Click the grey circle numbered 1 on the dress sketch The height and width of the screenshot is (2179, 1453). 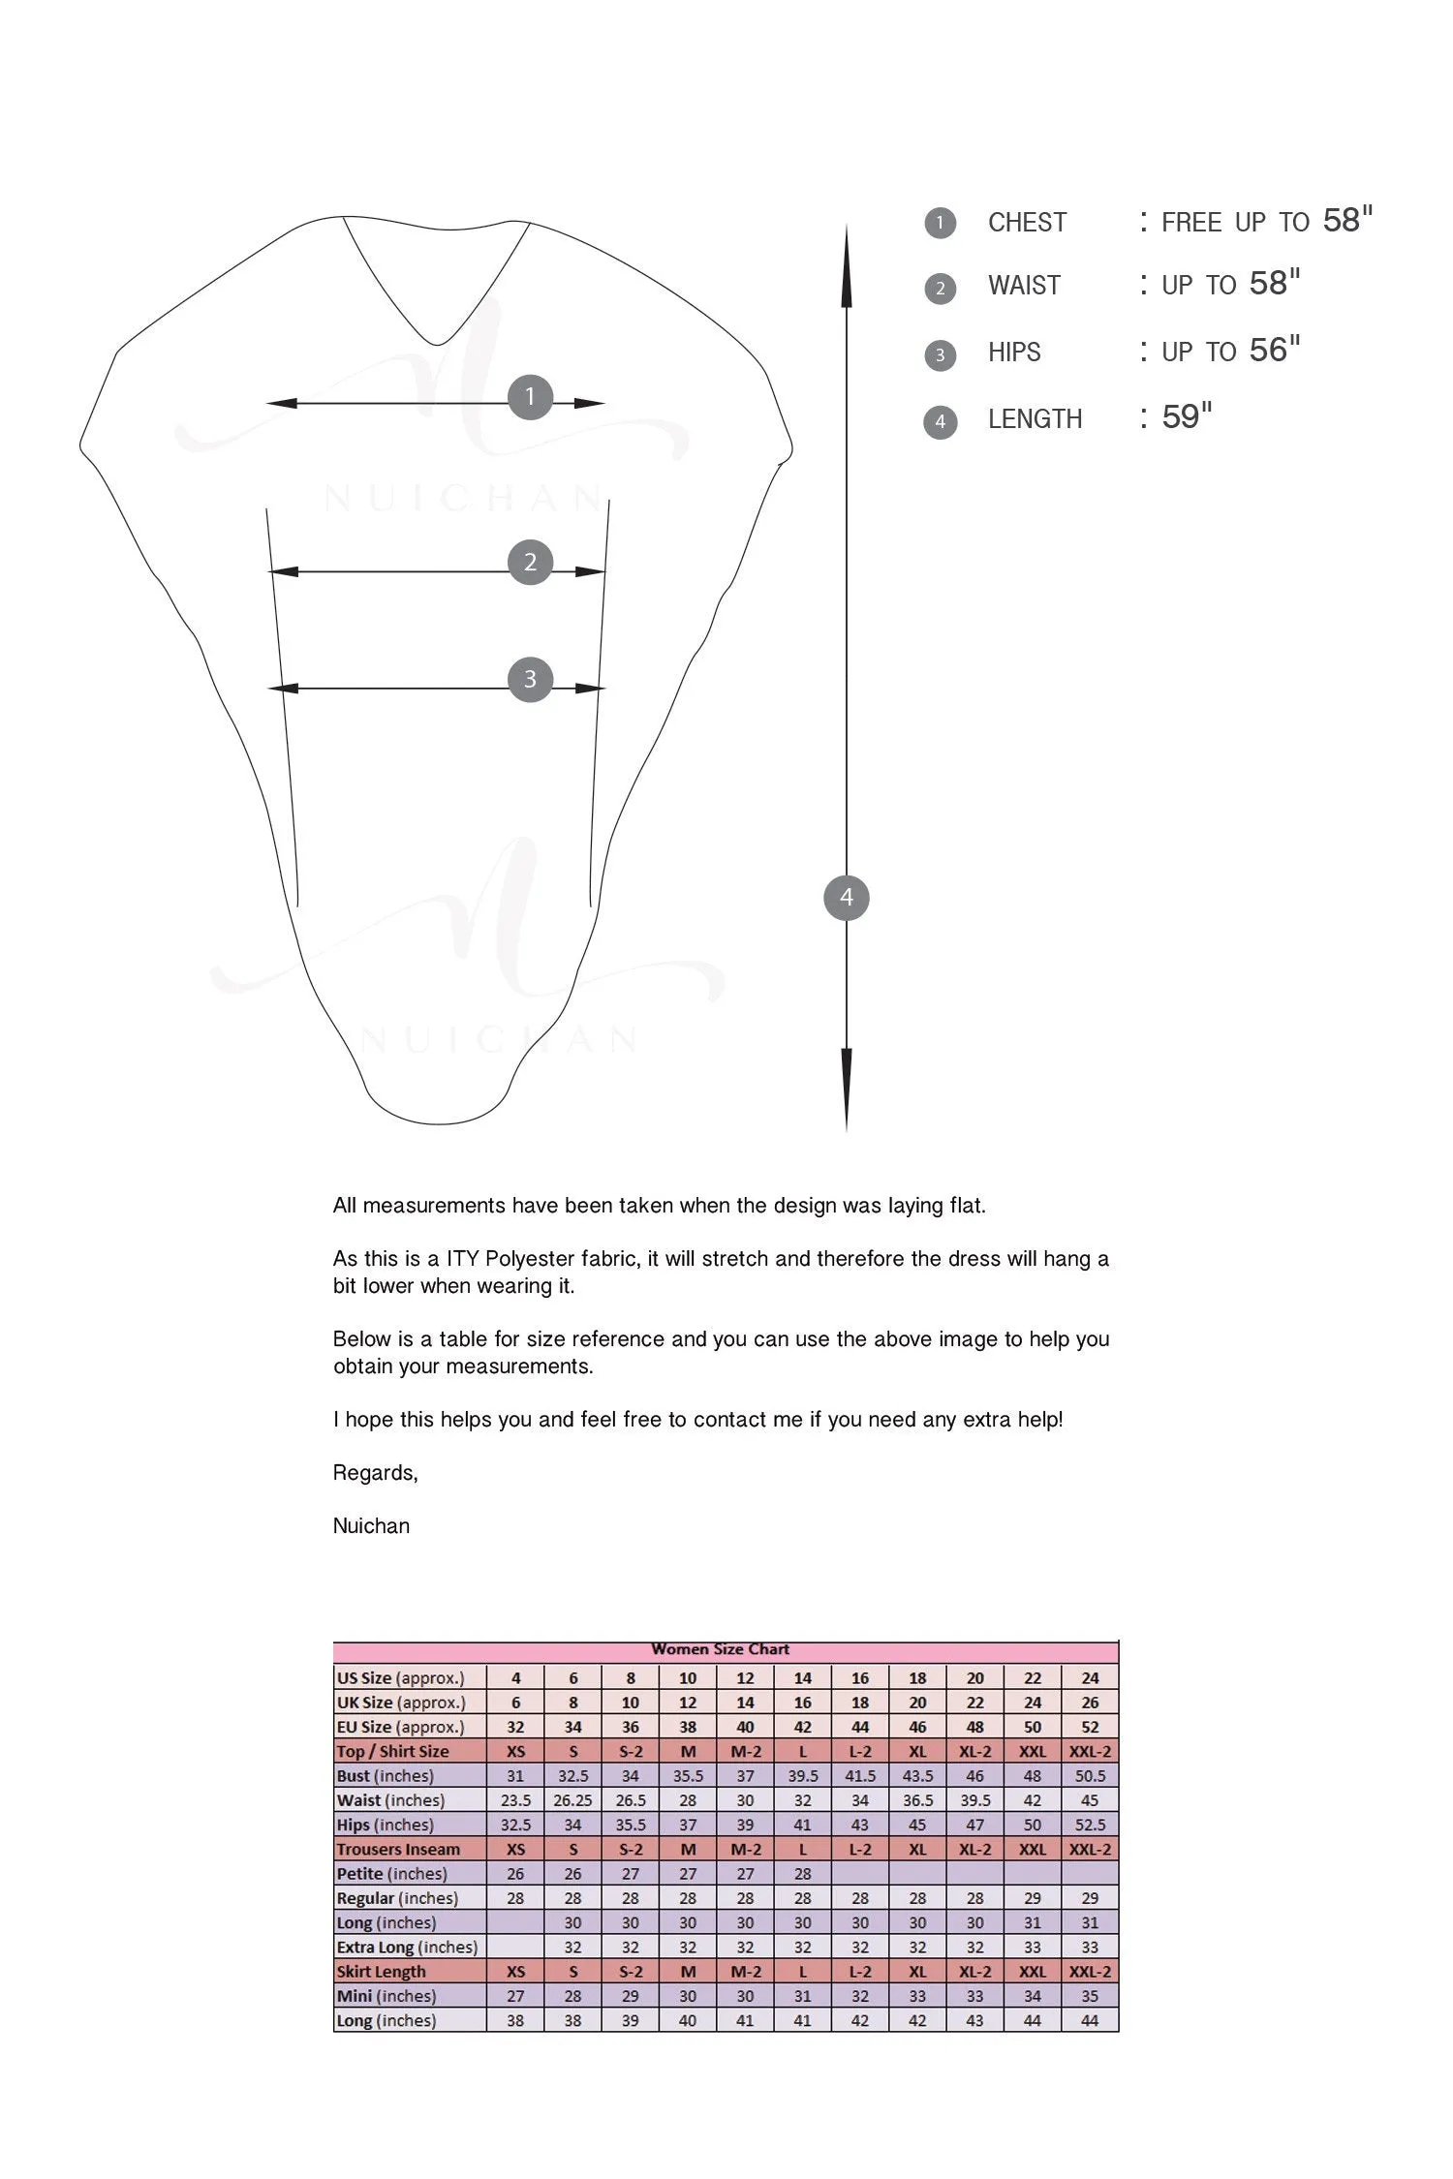530,397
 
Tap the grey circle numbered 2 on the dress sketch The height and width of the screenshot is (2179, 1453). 530,562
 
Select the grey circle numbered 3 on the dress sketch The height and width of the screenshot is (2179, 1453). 530,679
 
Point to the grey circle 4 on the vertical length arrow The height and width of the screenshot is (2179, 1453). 847,898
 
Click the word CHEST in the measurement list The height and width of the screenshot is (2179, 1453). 1027,223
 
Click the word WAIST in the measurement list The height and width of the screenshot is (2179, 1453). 1024,286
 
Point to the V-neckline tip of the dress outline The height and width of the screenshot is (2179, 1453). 437,343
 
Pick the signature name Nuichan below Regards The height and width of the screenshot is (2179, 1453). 371,1526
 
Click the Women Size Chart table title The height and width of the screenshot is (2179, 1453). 721,1649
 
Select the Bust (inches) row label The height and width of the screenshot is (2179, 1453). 385,1776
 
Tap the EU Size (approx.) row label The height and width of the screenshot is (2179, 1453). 400,1727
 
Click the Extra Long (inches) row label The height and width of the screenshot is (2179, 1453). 407,1948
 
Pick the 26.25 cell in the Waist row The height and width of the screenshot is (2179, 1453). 572,1800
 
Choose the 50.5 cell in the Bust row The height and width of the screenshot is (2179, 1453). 1090,1776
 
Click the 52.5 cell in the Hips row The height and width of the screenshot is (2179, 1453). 1090,1825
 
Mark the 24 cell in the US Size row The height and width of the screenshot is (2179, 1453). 1090,1678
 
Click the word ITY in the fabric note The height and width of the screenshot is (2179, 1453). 462,1259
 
